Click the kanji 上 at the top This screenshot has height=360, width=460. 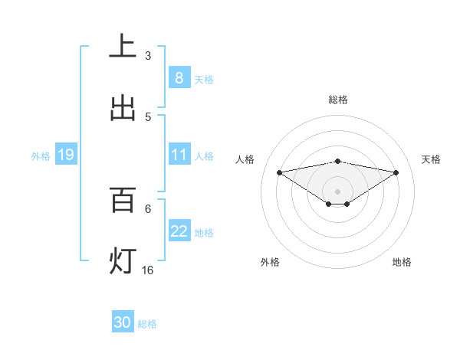pyautogui.click(x=123, y=47)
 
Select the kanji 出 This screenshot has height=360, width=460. pyautogui.click(x=123, y=108)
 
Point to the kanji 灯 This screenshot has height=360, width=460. pyautogui.click(x=123, y=261)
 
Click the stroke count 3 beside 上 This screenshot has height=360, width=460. pyautogui.click(x=148, y=55)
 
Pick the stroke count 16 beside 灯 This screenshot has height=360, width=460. pyautogui.click(x=148, y=270)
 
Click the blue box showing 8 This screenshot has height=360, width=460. pyautogui.click(x=179, y=77)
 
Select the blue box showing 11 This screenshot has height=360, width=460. pyautogui.click(x=179, y=155)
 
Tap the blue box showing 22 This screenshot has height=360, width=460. pyautogui.click(x=179, y=231)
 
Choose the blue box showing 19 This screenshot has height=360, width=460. pyautogui.click(x=65, y=155)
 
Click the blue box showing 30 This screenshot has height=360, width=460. pyautogui.click(x=123, y=322)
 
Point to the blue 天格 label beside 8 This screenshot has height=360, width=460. pyautogui.click(x=204, y=79)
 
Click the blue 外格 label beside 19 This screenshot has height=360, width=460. pyautogui.click(x=41, y=155)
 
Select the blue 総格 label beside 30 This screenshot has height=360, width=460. pyautogui.click(x=147, y=324)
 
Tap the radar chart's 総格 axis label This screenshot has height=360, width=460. pyautogui.click(x=338, y=100)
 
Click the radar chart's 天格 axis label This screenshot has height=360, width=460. pyautogui.click(x=432, y=159)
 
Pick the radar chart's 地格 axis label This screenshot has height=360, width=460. pyautogui.click(x=402, y=262)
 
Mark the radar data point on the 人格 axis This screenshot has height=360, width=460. pyautogui.click(x=280, y=172)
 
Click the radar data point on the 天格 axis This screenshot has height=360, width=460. pyautogui.click(x=396, y=172)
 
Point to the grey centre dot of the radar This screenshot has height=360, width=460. pyautogui.click(x=338, y=191)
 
